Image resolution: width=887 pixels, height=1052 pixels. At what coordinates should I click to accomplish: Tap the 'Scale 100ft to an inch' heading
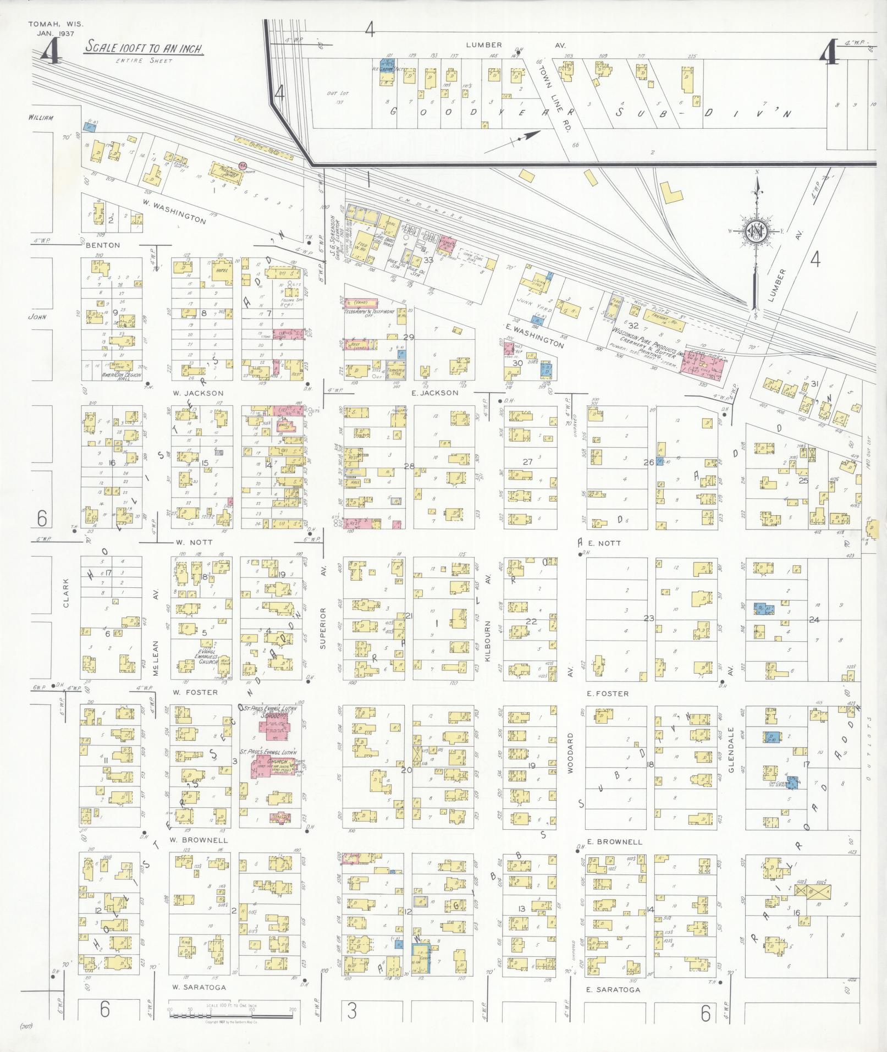144,47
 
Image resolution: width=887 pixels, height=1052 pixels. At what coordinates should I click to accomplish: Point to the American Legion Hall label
122,375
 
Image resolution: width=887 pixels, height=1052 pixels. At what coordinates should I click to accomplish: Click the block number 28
409,466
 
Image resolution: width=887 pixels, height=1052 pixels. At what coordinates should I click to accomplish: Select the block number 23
649,618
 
